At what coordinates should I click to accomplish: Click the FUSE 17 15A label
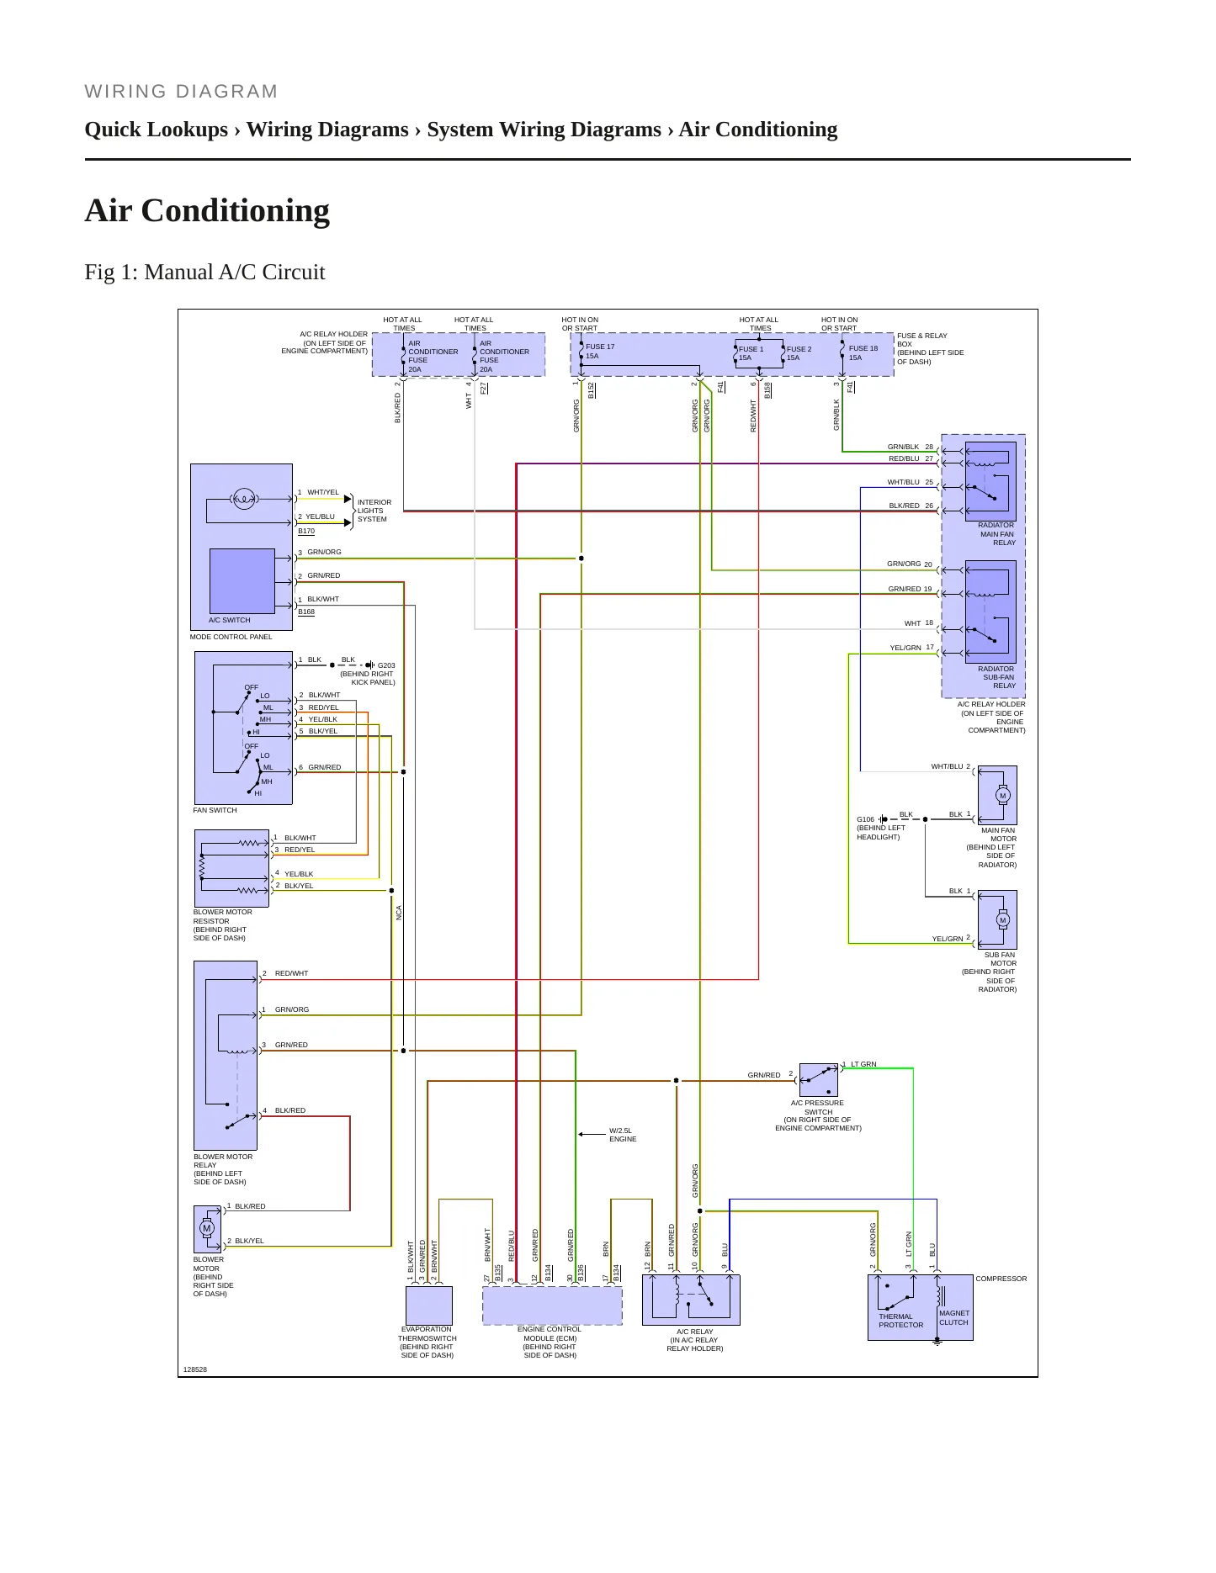point(600,352)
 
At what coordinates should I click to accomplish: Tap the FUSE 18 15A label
point(863,353)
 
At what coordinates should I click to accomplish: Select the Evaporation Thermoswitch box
point(429,1306)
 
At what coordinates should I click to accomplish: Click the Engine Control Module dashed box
point(552,1306)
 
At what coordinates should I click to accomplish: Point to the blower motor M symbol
point(207,1228)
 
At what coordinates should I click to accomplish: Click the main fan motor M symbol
point(1002,796)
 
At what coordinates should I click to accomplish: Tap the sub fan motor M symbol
point(1002,920)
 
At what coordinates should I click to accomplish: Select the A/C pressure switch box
point(818,1080)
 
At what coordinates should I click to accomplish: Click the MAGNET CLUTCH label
point(954,1317)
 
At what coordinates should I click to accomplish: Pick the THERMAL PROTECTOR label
point(900,1321)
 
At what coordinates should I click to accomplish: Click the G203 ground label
point(386,665)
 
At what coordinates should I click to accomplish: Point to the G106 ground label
point(865,819)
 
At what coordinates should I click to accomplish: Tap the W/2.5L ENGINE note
point(623,1135)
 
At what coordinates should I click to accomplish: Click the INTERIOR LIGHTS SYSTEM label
point(374,511)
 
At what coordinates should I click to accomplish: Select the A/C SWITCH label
point(230,620)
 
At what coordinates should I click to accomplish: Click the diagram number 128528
point(195,1369)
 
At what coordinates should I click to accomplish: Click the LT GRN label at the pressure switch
point(863,1064)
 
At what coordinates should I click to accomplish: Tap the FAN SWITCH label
point(215,810)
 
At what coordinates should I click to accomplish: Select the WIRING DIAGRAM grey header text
point(181,92)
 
